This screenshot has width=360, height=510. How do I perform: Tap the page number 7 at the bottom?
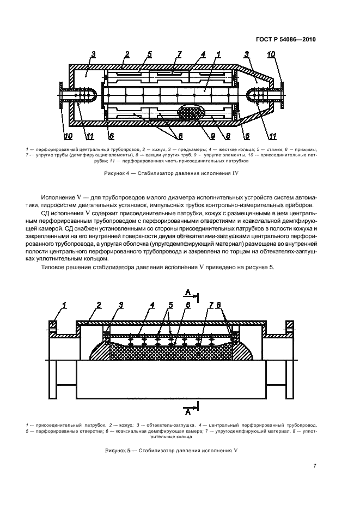[x=315, y=466]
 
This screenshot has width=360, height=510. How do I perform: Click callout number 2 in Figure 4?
[x=126, y=54]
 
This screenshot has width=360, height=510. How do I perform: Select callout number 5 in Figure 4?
[x=149, y=54]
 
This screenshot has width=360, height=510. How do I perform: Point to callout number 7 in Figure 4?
[x=178, y=54]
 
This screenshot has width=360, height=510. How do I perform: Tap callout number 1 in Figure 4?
[x=218, y=54]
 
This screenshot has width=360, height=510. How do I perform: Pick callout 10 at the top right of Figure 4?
[x=271, y=54]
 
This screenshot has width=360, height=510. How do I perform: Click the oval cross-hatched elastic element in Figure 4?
[x=190, y=114]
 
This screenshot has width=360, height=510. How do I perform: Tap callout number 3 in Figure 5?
[x=121, y=306]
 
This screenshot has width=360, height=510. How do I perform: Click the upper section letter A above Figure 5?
[x=187, y=294]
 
